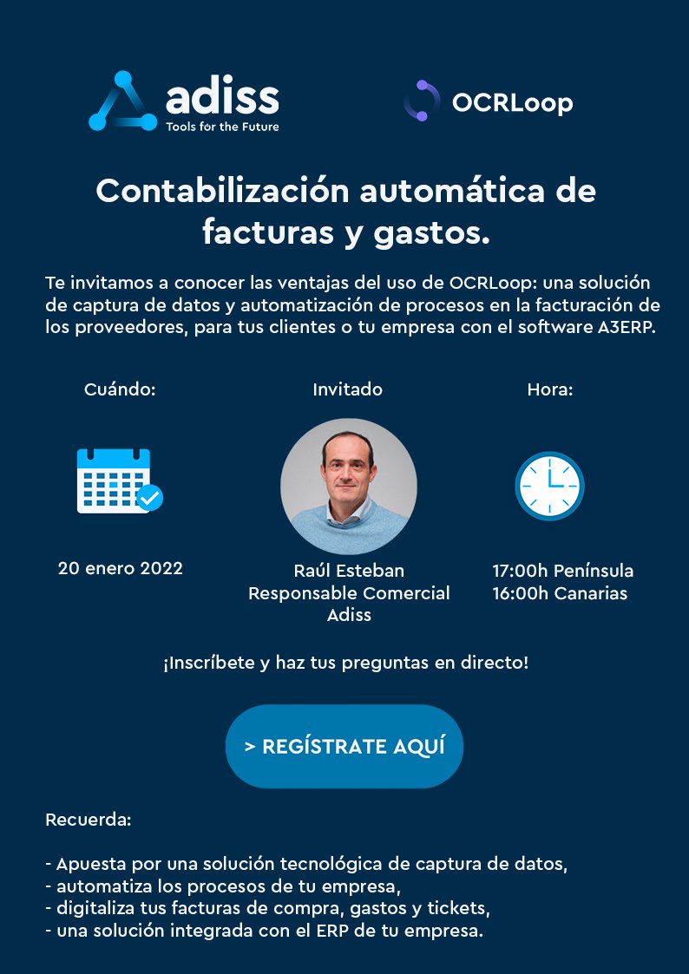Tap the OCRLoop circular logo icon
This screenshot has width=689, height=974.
[422, 101]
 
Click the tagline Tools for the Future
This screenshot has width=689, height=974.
[222, 126]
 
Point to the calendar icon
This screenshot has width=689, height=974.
[114, 480]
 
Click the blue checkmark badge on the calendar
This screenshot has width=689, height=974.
[149, 497]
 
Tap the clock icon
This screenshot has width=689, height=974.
[549, 486]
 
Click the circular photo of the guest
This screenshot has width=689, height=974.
[349, 487]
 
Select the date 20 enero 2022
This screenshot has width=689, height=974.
[121, 569]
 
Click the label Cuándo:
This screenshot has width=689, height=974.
[120, 389]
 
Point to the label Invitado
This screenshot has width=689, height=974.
[347, 389]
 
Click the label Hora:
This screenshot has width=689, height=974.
[550, 389]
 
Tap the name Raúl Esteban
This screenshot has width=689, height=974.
[349, 571]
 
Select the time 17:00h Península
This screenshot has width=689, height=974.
[562, 571]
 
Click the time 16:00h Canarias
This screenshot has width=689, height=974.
[560, 594]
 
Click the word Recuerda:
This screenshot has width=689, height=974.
[88, 819]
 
